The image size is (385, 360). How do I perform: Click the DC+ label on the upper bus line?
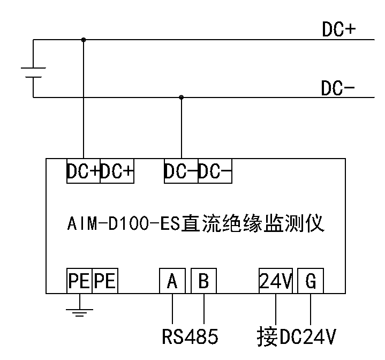tap(339, 30)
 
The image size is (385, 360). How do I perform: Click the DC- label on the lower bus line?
tap(338, 88)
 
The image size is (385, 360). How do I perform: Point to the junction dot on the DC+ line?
tap(83, 39)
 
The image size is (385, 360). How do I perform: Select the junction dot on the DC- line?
tap(182, 97)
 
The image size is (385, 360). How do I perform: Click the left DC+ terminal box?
tap(84, 171)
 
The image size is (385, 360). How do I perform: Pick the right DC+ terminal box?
tap(117, 171)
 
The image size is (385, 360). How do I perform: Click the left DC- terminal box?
tap(182, 171)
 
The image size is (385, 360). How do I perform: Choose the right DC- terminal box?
tap(215, 171)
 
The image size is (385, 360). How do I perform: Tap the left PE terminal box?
tap(80, 281)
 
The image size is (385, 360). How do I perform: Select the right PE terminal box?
tap(105, 281)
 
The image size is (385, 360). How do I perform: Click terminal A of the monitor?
tap(172, 281)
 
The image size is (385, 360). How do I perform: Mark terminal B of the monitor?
tap(203, 281)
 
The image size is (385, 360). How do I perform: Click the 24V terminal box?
tap(276, 281)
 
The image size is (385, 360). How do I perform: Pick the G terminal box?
tap(311, 281)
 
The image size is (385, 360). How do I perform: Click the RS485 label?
tap(190, 336)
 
